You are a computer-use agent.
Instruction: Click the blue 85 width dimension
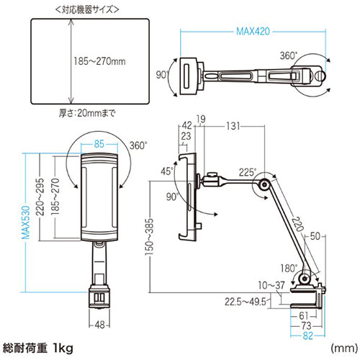click(x=99, y=143)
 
